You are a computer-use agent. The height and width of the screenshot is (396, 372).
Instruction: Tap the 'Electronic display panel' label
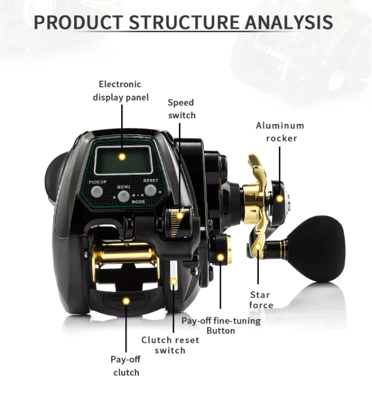click(120, 91)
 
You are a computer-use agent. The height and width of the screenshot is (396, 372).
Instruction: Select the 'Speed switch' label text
click(181, 109)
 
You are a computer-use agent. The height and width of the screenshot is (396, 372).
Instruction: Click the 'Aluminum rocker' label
click(280, 132)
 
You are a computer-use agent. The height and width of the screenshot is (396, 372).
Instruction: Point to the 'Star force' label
click(260, 300)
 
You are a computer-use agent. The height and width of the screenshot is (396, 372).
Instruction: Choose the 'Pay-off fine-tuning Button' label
click(221, 325)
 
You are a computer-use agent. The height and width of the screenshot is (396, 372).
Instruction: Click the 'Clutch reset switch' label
click(170, 345)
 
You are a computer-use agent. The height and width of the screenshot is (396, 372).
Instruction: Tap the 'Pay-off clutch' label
click(126, 366)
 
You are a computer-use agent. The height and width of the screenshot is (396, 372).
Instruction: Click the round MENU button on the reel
click(124, 194)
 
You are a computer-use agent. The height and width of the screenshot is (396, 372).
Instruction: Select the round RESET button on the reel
click(150, 190)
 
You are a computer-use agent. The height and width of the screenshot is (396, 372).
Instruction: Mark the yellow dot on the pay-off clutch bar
click(126, 301)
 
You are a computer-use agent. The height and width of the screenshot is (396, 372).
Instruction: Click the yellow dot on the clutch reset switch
click(173, 282)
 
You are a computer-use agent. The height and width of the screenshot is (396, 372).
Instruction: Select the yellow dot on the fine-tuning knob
click(220, 257)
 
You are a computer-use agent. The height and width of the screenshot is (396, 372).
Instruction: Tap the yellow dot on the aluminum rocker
click(280, 199)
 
